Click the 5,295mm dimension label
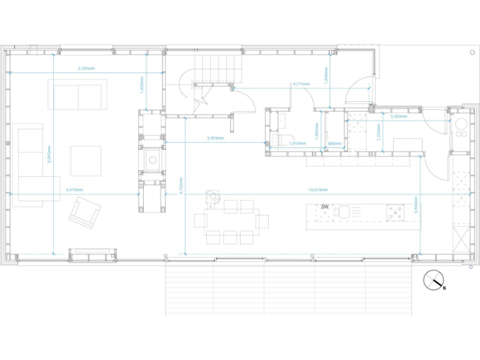(86, 68)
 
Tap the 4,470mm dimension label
(73, 189)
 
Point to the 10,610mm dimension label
(318, 189)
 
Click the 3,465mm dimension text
(216, 137)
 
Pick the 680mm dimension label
(334, 144)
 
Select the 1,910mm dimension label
(297, 144)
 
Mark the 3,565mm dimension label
(398, 116)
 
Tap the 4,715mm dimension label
(301, 84)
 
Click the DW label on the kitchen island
(325, 207)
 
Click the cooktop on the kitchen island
(395, 212)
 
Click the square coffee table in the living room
(86, 161)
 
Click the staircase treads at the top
(216, 65)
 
